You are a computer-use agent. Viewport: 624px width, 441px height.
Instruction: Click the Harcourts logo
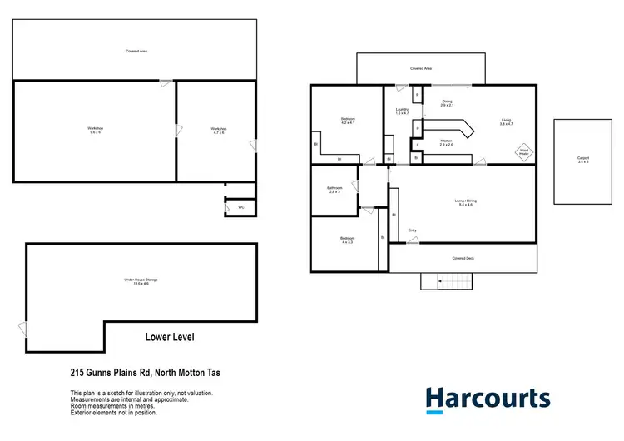click(488, 399)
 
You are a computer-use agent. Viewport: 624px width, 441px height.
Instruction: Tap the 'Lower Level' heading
click(175, 337)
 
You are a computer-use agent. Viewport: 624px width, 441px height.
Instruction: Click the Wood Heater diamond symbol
click(524, 151)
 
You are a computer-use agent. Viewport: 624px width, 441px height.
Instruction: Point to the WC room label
click(241, 207)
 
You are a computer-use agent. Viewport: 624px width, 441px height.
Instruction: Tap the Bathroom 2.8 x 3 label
click(334, 190)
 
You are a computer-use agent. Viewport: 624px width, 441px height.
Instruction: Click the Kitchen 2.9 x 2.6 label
click(447, 143)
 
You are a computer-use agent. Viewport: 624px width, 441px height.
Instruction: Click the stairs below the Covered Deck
click(445, 282)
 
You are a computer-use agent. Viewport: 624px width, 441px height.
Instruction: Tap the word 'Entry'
click(412, 230)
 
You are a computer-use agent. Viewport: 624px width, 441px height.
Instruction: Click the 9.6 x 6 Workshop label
click(95, 130)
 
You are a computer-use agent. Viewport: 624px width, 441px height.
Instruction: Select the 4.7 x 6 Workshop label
click(218, 131)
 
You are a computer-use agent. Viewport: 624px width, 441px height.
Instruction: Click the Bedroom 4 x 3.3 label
click(347, 240)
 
